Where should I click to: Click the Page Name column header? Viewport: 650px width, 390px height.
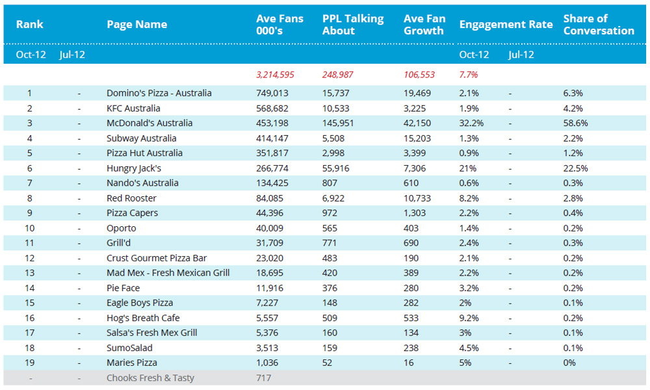[x=136, y=25]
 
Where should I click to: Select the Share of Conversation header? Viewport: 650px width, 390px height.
[x=599, y=25]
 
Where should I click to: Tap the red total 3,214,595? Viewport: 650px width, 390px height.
[x=275, y=75]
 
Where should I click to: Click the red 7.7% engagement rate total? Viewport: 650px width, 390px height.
[x=469, y=75]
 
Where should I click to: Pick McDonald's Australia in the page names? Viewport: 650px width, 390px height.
[x=149, y=123]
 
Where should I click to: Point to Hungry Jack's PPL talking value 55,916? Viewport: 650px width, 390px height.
[x=336, y=168]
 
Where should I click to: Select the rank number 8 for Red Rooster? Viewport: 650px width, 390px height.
[x=29, y=198]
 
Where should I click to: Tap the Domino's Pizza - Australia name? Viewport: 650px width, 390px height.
[x=159, y=93]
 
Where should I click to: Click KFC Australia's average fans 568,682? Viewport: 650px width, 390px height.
[x=272, y=108]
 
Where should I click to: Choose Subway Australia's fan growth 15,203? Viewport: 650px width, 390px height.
[x=417, y=138]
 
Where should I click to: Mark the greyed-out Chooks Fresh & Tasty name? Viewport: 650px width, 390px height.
[x=150, y=378]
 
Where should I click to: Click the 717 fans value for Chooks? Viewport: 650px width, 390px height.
[x=264, y=378]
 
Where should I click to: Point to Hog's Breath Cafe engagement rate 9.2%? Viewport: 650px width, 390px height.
[x=469, y=318]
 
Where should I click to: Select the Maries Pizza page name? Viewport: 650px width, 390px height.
[x=132, y=363]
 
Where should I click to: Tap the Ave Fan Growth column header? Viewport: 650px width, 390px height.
[x=424, y=25]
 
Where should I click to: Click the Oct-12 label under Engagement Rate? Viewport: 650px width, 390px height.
[x=474, y=55]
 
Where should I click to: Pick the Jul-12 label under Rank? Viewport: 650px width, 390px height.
[x=72, y=55]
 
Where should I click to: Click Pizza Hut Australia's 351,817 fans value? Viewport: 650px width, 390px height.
[x=272, y=153]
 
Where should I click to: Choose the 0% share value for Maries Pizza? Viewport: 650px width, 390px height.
[x=569, y=363]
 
